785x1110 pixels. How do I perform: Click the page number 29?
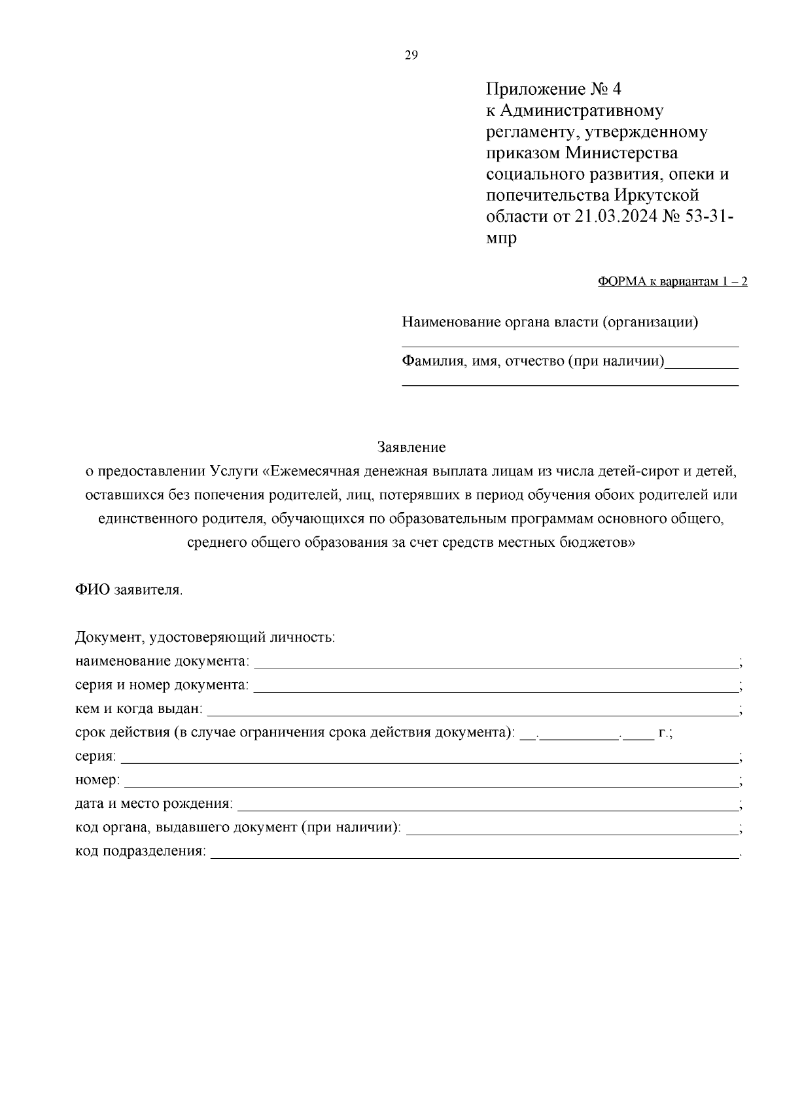pyautogui.click(x=411, y=56)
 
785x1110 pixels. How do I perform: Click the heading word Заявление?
pyautogui.click(x=411, y=447)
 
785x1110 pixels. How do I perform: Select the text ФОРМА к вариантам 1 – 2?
pyautogui.click(x=672, y=282)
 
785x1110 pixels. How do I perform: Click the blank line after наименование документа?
pyautogui.click(x=495, y=663)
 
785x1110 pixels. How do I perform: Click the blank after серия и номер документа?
pyautogui.click(x=495, y=686)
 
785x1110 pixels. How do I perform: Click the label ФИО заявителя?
pyautogui.click(x=129, y=590)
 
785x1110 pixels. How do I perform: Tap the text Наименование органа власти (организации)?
pyautogui.click(x=549, y=322)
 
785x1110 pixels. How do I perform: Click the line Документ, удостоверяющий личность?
pyautogui.click(x=205, y=637)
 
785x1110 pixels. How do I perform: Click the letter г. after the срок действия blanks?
pyautogui.click(x=664, y=733)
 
